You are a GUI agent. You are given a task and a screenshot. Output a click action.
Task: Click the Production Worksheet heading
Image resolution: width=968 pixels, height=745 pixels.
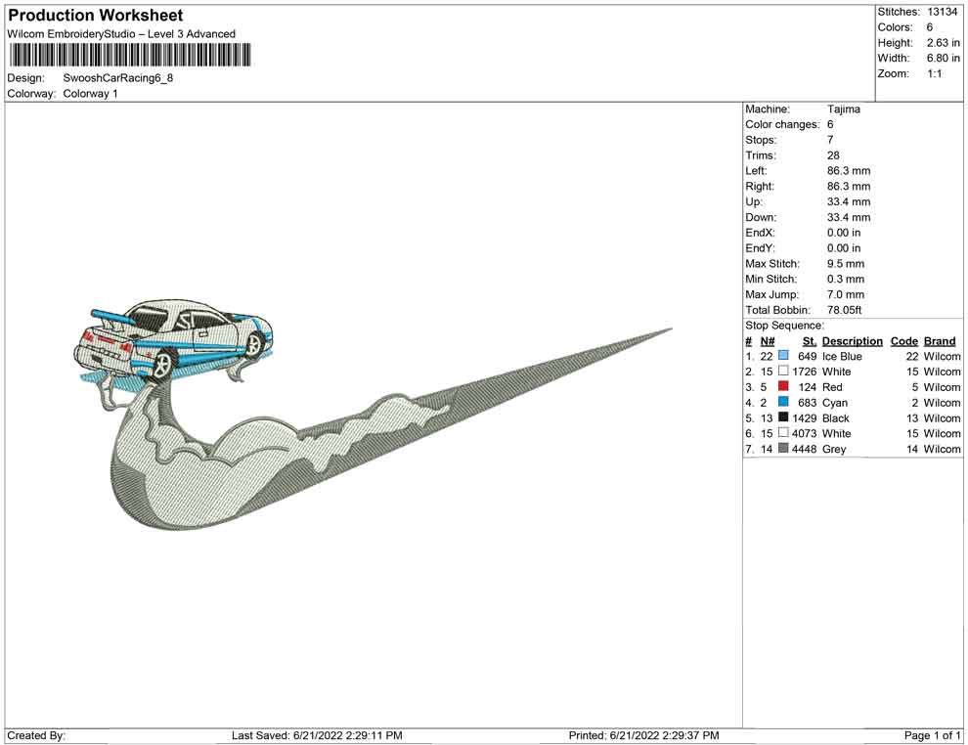95,16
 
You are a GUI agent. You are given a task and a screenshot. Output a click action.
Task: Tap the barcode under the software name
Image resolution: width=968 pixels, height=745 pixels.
130,55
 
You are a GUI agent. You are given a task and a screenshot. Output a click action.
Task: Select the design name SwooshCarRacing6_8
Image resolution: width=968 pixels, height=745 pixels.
118,78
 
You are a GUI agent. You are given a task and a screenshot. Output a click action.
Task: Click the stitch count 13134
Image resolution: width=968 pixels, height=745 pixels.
942,12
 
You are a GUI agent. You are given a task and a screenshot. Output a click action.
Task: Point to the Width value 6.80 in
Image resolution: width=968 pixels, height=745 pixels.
943,58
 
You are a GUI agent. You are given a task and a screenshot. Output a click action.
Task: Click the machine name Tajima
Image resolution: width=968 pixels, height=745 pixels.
843,109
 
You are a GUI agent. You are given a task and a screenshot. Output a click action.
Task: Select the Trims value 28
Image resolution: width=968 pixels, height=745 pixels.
833,154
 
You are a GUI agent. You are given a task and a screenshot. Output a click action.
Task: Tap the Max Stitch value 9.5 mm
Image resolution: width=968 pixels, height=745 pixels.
846,264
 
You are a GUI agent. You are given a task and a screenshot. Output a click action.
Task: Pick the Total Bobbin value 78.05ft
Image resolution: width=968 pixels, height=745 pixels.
844,310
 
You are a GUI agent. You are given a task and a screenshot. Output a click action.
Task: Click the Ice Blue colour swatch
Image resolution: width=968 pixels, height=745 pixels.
783,356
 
